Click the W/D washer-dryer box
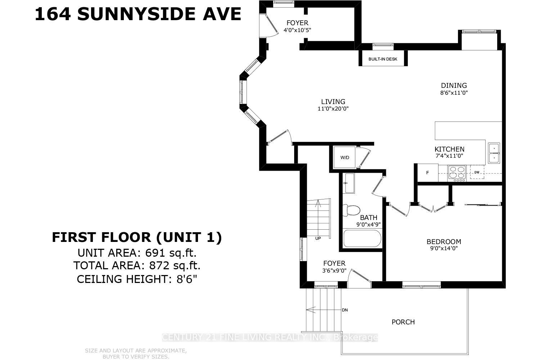tap(345, 158)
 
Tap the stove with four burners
tap(457, 173)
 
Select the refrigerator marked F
tap(428, 173)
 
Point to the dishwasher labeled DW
tap(477, 172)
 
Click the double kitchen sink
tap(494, 153)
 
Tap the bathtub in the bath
tap(362, 239)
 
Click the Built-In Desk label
tap(383, 59)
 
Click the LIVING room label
tap(333, 102)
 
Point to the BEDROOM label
tap(444, 242)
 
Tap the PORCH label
tap(403, 322)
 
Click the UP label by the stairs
tap(318, 238)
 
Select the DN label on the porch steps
tap(345, 310)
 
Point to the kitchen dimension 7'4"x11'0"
tap(449, 156)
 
